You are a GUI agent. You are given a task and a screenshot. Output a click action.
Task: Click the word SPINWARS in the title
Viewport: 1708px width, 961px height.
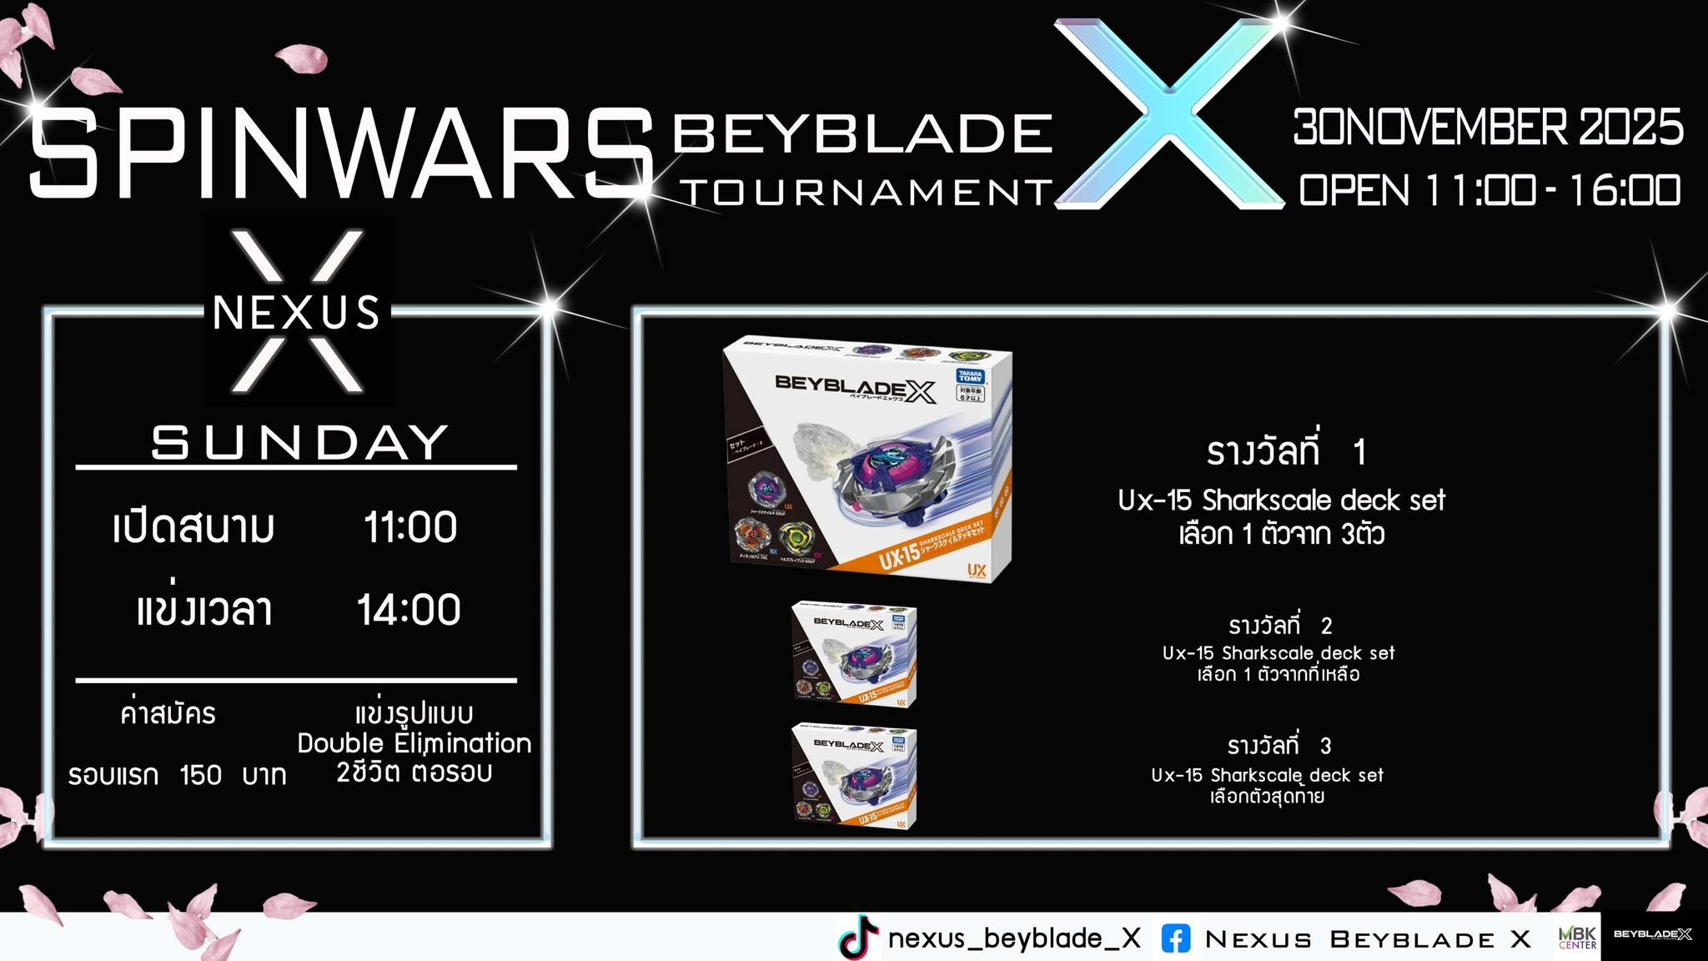tap(340, 156)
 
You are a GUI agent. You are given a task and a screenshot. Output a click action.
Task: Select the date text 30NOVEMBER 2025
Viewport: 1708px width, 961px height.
tap(1488, 128)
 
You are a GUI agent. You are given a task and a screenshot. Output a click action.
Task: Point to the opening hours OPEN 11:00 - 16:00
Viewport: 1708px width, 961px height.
tap(1489, 190)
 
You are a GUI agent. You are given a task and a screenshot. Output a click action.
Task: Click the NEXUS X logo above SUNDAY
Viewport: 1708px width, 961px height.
tap(298, 312)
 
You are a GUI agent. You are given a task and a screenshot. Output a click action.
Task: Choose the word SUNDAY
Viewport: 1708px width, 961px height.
tap(299, 442)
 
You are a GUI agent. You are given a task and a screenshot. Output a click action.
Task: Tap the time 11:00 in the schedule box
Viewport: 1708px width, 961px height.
tap(410, 527)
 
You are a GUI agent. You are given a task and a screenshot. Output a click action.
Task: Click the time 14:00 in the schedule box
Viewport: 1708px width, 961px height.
tap(409, 610)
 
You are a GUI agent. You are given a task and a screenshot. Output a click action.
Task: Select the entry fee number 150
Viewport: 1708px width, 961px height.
tap(201, 775)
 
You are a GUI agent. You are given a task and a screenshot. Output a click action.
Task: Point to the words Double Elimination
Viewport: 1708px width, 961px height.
tap(414, 742)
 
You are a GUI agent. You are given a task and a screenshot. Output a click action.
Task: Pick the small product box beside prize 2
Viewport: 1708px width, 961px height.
tap(854, 655)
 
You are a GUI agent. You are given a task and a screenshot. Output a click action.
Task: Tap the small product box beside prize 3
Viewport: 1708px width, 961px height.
tap(854, 776)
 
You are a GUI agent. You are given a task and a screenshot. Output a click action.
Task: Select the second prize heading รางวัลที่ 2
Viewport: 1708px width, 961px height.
tap(1280, 625)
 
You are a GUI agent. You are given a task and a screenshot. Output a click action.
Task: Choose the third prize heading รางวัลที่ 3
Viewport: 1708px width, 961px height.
tap(1279, 745)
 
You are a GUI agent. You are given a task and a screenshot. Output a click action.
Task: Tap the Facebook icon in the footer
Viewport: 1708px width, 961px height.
tap(1176, 939)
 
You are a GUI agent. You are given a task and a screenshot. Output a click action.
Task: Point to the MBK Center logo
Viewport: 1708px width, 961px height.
tap(1578, 938)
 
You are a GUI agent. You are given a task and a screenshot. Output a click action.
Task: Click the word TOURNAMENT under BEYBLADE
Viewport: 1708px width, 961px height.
tap(867, 193)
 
